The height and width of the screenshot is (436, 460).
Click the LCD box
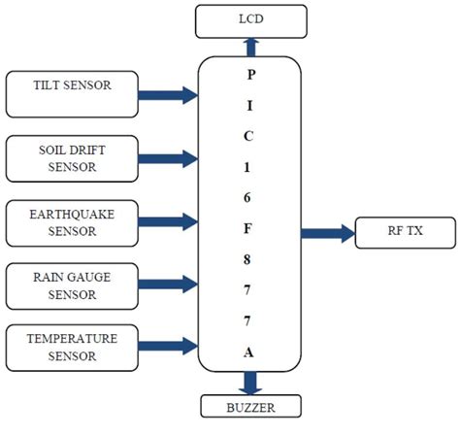pyautogui.click(x=250, y=20)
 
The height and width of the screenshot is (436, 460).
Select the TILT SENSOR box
pyautogui.click(x=74, y=92)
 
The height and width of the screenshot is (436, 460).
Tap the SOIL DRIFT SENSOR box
pyautogui.click(x=74, y=158)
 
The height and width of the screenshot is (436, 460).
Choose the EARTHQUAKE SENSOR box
pyautogui.click(x=74, y=222)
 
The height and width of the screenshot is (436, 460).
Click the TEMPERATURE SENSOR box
pyautogui.click(x=74, y=347)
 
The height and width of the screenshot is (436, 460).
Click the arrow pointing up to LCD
pyautogui.click(x=251, y=46)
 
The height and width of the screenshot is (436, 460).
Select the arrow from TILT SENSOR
pyautogui.click(x=168, y=95)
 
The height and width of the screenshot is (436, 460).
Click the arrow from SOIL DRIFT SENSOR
pyautogui.click(x=168, y=158)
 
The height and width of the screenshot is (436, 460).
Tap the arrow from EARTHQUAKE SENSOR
pyautogui.click(x=168, y=222)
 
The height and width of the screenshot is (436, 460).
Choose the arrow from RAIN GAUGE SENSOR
pyautogui.click(x=168, y=284)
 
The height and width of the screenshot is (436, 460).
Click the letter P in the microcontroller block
pyautogui.click(x=251, y=74)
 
